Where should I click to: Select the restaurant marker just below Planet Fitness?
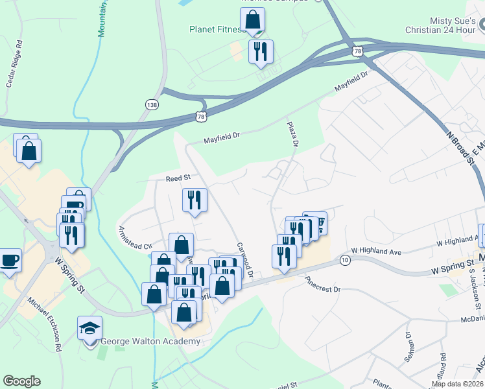coord(261,52)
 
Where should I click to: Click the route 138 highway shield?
coord(151,104)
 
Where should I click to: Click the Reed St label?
coord(178,178)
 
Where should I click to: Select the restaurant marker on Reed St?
coord(194,200)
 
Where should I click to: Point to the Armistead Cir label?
coord(134,237)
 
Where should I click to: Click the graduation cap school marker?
coord(89,328)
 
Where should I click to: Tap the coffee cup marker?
coord(10,261)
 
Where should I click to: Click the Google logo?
coord(22,381)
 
